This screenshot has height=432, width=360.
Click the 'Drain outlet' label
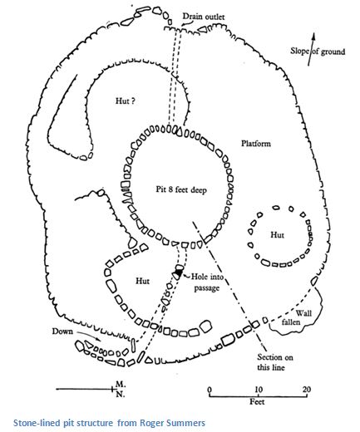(x=204, y=17)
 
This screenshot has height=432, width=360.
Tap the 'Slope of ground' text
(x=318, y=52)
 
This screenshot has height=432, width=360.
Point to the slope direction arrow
(x=312, y=49)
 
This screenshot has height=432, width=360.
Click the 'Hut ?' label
(x=126, y=101)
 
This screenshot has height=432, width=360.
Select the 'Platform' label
(x=256, y=144)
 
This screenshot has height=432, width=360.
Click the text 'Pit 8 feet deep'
(x=181, y=190)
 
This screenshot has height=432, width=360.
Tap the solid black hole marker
(x=179, y=273)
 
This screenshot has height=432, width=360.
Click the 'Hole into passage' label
(x=207, y=282)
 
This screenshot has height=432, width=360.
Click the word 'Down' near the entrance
(x=62, y=331)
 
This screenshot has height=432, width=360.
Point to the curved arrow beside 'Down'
(x=89, y=336)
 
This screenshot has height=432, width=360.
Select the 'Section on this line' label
(x=274, y=362)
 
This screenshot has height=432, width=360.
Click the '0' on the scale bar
(x=210, y=390)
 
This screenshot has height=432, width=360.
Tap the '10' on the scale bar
(x=259, y=390)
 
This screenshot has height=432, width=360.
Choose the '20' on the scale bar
(x=307, y=390)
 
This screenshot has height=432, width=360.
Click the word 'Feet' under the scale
(x=257, y=401)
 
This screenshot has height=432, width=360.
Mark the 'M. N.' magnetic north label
(x=121, y=389)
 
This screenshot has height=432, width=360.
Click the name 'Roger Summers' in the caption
(x=172, y=423)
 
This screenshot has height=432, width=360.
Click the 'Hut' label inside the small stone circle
(x=277, y=235)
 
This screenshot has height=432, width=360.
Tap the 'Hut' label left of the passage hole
(x=142, y=281)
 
